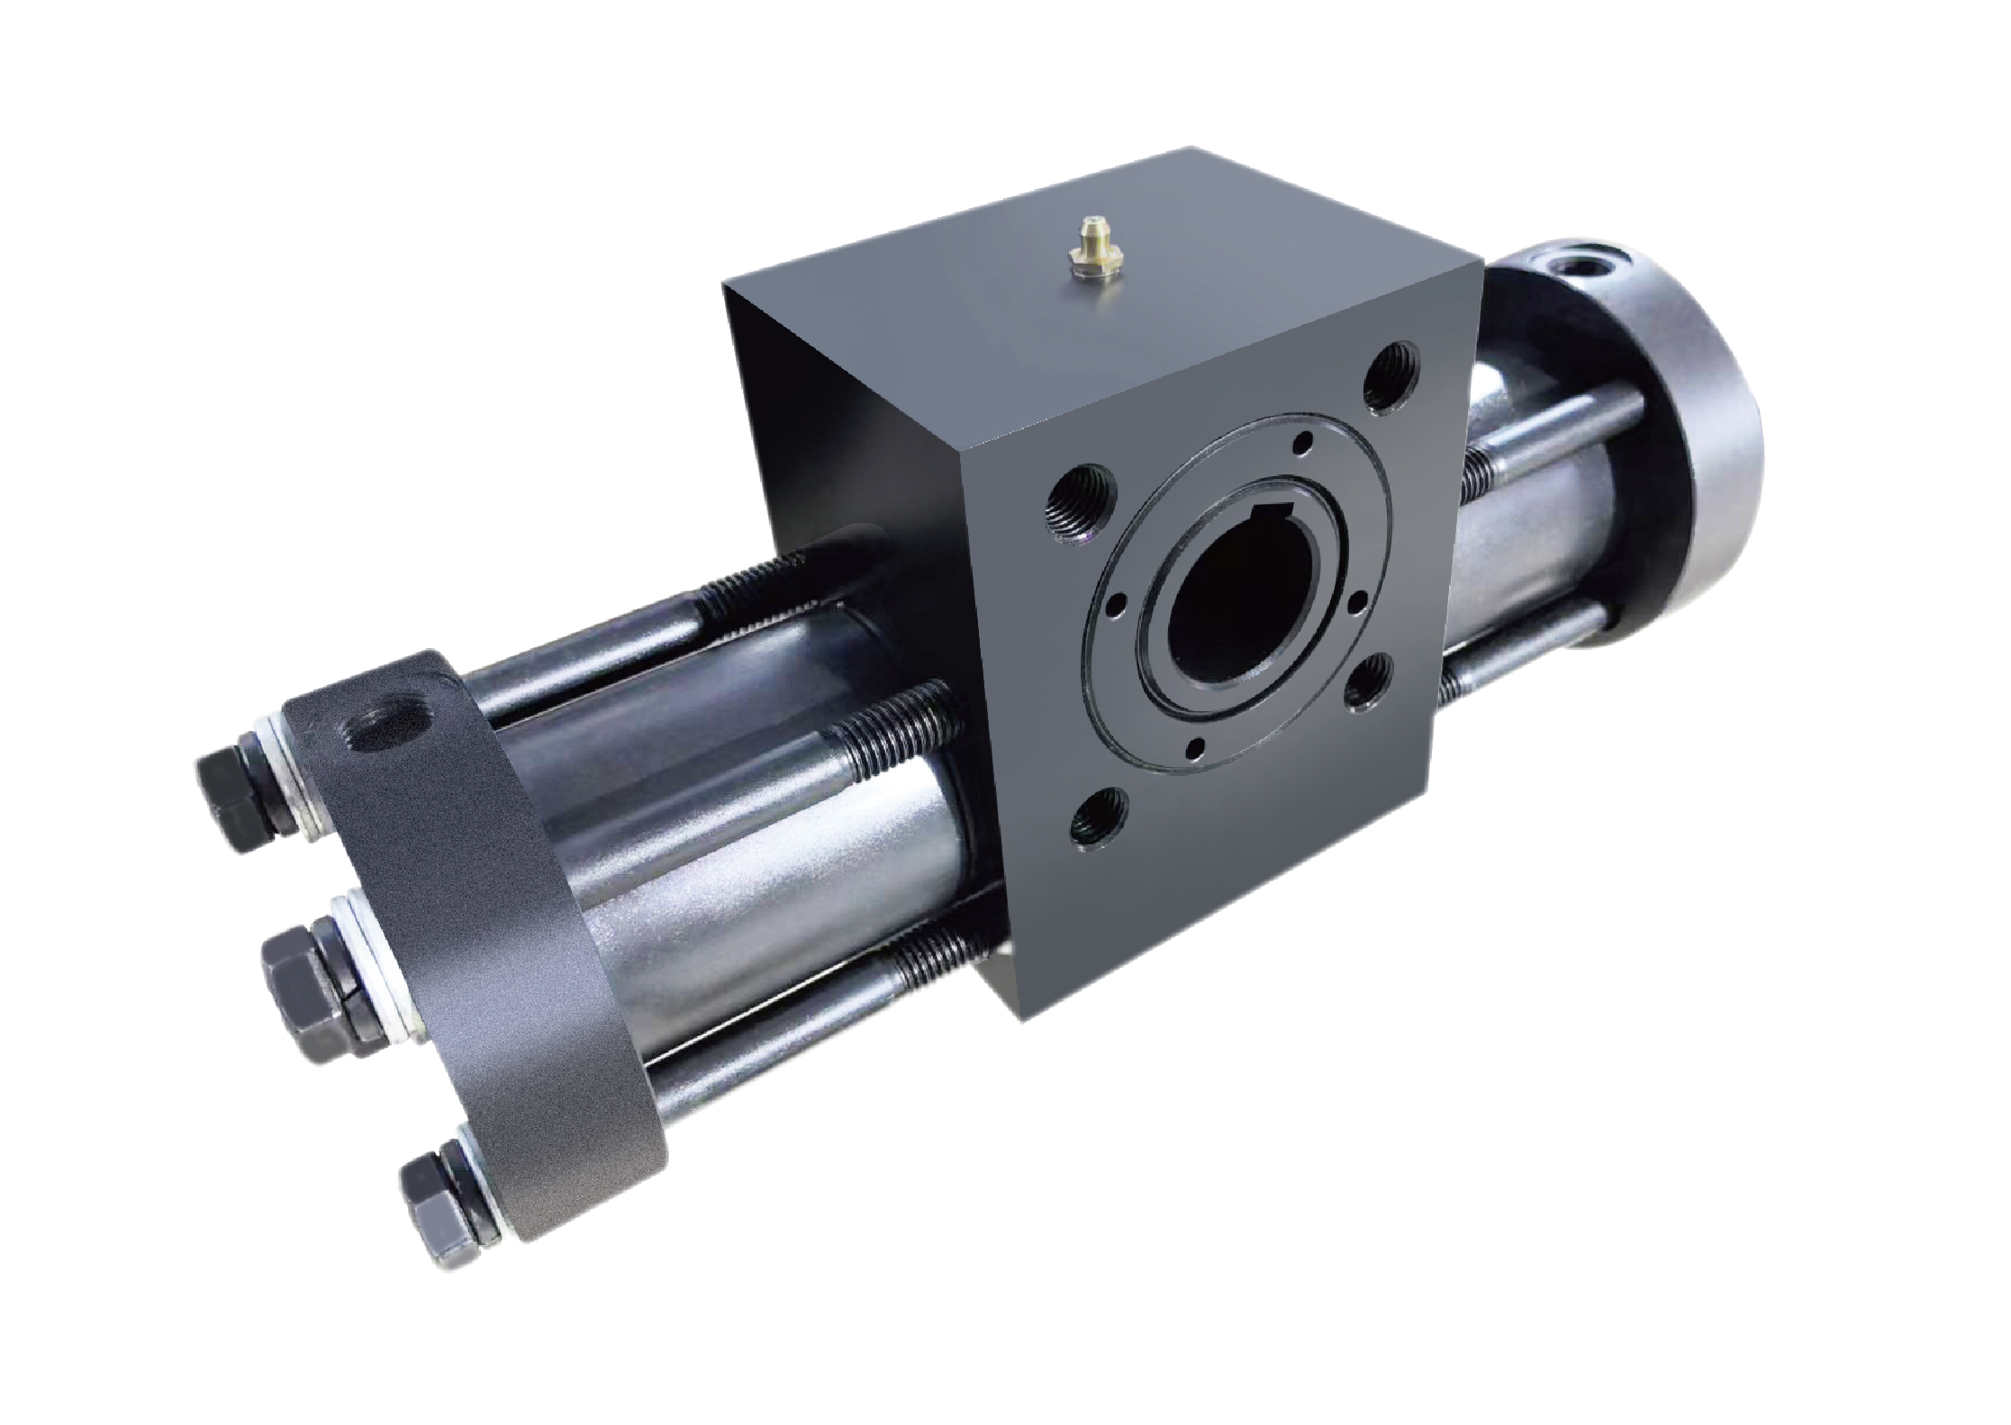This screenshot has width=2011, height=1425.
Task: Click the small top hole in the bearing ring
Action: tap(1300, 442)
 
